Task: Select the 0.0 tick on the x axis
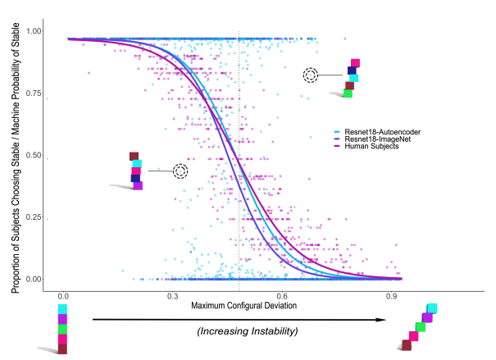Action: [x=63, y=297]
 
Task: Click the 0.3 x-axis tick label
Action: [x=172, y=297]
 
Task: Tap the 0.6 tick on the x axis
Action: [x=281, y=297]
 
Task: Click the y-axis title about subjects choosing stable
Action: [x=16, y=155]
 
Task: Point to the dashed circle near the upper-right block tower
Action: [x=311, y=75]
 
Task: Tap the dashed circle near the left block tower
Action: [x=180, y=171]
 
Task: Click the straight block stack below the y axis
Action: [x=62, y=329]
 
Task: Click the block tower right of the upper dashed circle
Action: [x=351, y=79]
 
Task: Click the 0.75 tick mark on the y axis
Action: [x=48, y=98]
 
